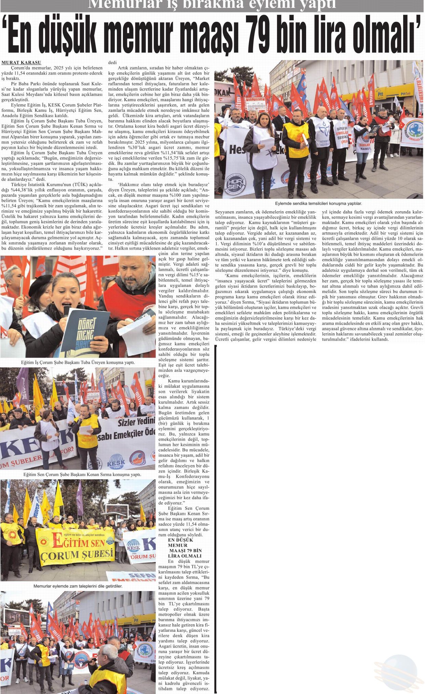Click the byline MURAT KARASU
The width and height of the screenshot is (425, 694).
point(21,63)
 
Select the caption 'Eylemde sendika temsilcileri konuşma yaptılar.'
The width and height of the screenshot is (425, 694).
point(318,203)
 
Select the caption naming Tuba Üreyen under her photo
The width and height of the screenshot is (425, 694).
point(78,362)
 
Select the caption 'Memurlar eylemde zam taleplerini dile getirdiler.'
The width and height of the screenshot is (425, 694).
point(78,586)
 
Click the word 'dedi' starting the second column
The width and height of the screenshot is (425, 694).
point(112,63)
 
